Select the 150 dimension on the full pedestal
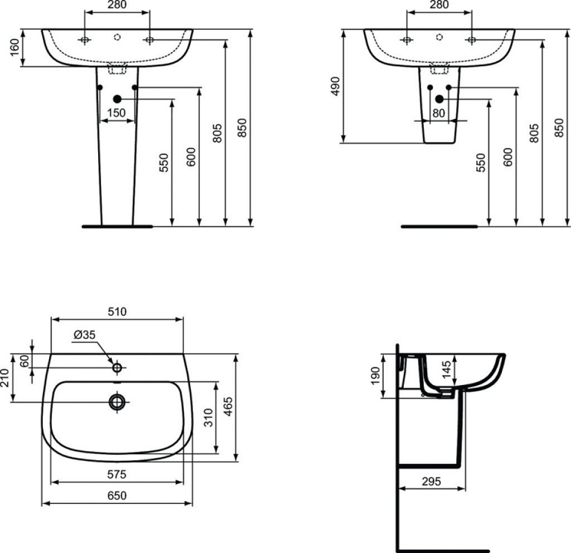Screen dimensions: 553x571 (117, 113)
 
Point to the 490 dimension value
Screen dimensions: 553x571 (336, 85)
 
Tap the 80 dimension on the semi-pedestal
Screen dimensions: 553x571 (439, 113)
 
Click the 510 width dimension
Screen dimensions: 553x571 (117, 311)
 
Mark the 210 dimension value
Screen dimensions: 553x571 (6, 378)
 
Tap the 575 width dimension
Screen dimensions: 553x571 (117, 474)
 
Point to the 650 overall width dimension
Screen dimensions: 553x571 (117, 495)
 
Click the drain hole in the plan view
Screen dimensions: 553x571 (117, 402)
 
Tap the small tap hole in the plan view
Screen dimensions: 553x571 (117, 366)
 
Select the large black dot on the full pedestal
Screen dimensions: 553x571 (117, 99)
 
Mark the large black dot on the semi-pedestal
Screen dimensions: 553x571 (439, 99)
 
